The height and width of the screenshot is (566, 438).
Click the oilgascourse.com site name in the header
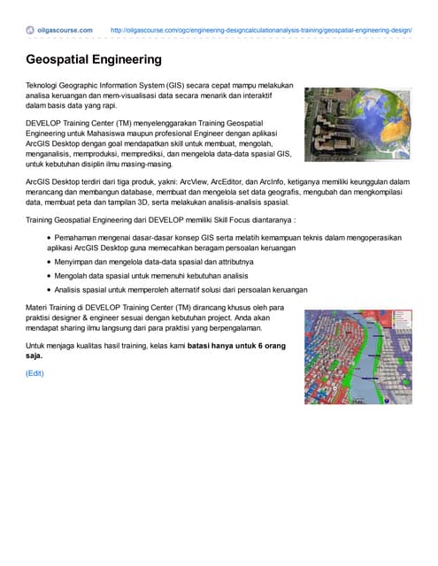65,30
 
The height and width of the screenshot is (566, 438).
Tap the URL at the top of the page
261,30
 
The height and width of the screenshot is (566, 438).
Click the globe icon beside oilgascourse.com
30,30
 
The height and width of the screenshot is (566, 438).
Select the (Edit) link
35,373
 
